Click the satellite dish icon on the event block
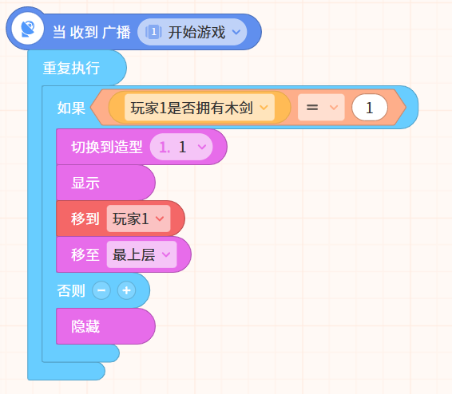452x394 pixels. click(x=28, y=29)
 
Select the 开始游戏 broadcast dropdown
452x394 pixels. click(x=192, y=32)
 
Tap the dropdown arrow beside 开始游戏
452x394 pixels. click(x=236, y=32)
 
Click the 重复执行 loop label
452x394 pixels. click(x=71, y=69)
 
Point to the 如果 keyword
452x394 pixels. click(x=71, y=108)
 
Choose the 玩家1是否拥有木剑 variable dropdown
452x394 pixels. click(x=200, y=108)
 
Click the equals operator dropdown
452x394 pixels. click(x=321, y=108)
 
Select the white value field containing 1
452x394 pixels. click(x=370, y=108)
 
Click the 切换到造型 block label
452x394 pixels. click(x=107, y=147)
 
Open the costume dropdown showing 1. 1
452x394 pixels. click(x=181, y=147)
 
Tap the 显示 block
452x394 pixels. click(x=105, y=183)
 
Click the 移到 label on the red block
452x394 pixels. click(x=85, y=219)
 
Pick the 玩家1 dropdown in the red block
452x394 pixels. click(x=138, y=219)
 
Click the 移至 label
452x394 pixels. click(x=85, y=254)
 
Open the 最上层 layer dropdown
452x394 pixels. click(x=141, y=254)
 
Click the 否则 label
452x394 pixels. click(x=71, y=290)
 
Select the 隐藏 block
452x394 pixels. click(x=105, y=326)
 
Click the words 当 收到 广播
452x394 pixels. click(x=92, y=32)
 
